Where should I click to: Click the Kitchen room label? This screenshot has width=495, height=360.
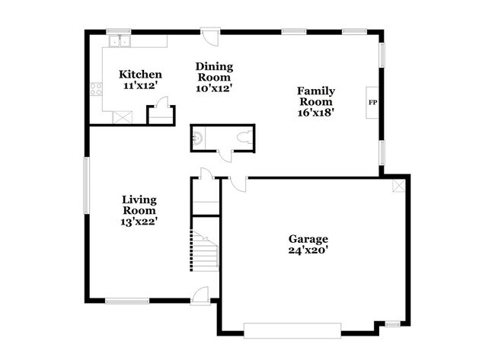[140, 75]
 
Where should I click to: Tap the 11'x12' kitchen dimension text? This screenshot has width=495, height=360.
[140, 86]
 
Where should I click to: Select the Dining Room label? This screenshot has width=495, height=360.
[214, 72]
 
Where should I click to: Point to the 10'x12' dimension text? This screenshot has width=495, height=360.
[214, 88]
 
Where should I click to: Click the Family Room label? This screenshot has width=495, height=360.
[315, 96]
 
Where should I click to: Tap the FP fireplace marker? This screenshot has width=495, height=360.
[372, 101]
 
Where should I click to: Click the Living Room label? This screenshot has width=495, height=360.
[139, 205]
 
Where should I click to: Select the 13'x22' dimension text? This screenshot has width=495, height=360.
[139, 221]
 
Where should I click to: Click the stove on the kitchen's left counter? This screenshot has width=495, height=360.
[97, 88]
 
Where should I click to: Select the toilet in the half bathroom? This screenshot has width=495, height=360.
[243, 138]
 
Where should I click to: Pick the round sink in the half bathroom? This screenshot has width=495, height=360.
[196, 139]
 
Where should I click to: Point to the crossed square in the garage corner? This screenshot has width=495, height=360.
[398, 186]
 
